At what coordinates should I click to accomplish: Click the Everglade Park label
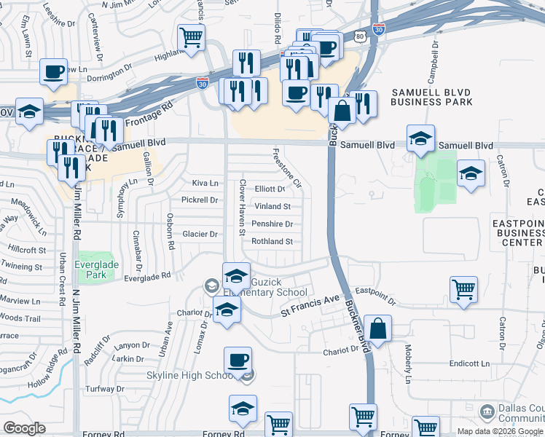pos(95,267)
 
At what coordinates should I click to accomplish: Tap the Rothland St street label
pos(272,241)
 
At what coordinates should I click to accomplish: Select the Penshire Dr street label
pos(272,224)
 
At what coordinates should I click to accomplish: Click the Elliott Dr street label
pos(269,189)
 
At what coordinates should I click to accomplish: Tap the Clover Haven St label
pos(241,208)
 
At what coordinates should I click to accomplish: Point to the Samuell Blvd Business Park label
pos(431,97)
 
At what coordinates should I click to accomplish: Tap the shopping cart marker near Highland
pos(191,36)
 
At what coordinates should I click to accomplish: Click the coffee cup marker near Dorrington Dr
pos(53,71)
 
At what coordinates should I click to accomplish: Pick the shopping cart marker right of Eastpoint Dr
pos(463,289)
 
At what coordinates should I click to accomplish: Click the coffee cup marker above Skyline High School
pos(238,359)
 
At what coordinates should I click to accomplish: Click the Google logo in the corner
pos(24,428)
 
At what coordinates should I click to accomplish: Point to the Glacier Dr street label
pos(199,234)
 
